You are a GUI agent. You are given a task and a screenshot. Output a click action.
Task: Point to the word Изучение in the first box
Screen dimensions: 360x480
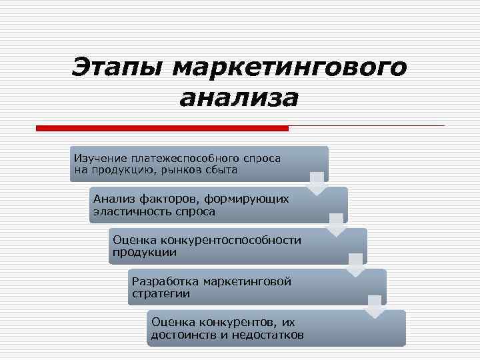click(99, 159)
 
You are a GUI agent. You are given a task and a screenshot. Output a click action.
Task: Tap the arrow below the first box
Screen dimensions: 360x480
click(317, 183)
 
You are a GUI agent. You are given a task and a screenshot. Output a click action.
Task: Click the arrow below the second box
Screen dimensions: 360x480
click(337, 224)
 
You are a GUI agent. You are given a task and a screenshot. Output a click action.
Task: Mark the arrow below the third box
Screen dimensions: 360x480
click(357, 265)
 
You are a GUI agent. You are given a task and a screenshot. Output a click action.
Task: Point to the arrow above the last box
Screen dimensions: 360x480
click(375, 307)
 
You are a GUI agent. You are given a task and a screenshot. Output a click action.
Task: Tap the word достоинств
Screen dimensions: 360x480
click(183, 334)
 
